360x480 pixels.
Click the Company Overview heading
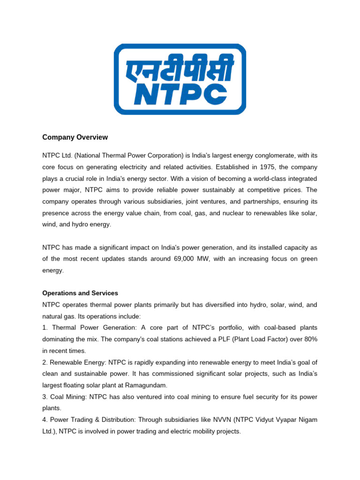(75, 137)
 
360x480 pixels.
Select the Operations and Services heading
(80, 293)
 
